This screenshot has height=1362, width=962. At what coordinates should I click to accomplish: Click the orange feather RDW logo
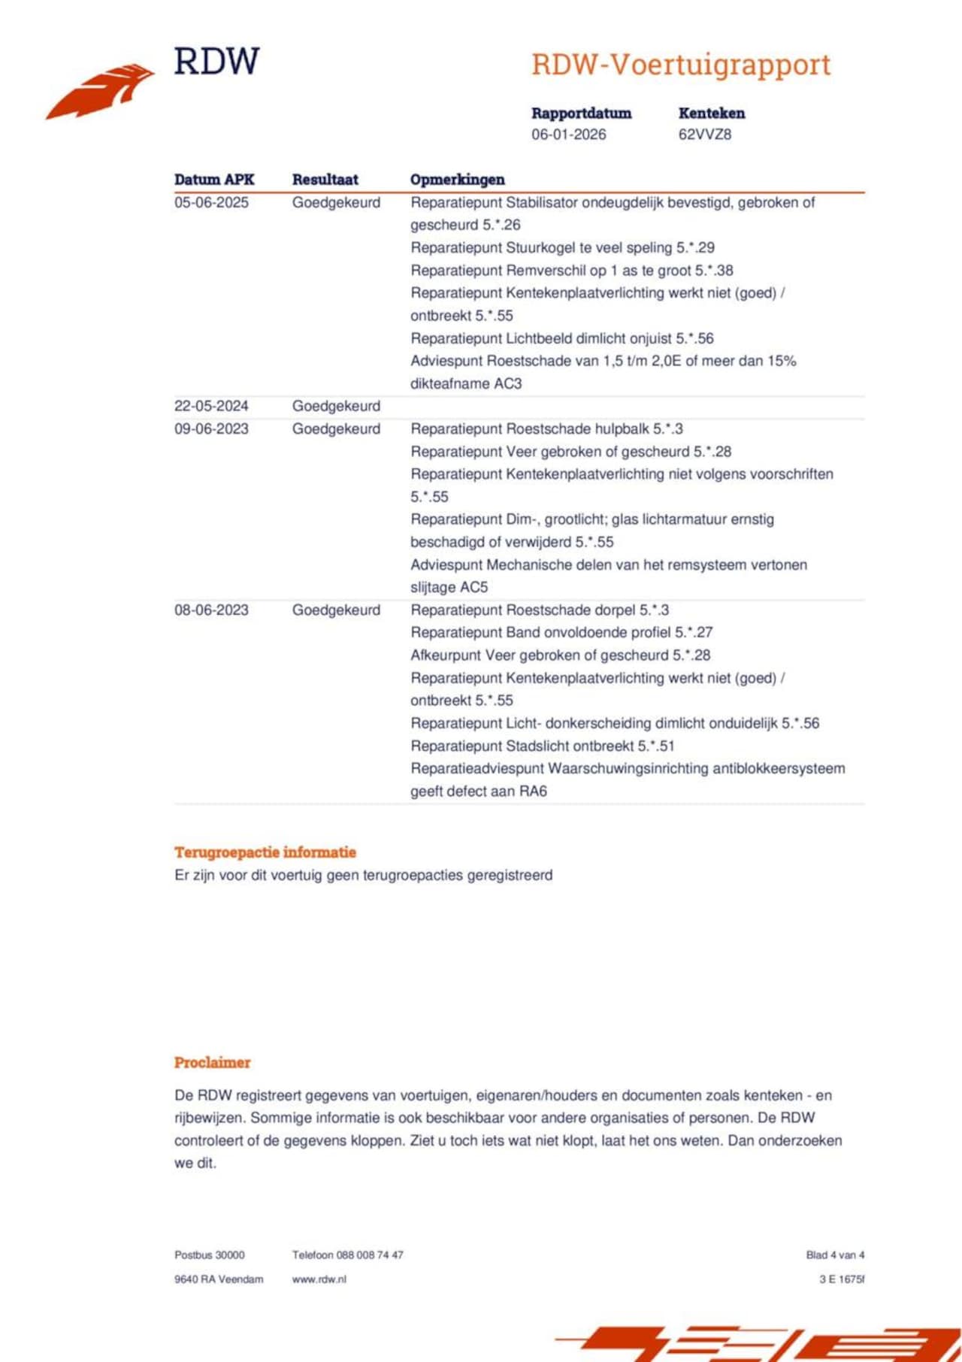101,90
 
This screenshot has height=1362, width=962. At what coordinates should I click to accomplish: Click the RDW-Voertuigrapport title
681,65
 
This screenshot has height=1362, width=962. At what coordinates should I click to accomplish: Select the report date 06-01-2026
568,135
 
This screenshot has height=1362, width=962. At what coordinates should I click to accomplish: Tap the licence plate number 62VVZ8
704,135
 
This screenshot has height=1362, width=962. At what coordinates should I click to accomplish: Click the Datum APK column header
214,180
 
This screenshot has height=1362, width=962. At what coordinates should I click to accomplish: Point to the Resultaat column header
325,180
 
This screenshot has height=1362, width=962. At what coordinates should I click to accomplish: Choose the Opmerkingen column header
457,180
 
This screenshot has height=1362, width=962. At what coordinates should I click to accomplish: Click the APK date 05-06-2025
211,203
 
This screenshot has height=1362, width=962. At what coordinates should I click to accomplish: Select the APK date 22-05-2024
211,406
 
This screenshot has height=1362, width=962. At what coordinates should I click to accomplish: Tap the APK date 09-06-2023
211,429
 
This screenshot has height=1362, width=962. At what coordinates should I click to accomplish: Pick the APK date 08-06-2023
211,610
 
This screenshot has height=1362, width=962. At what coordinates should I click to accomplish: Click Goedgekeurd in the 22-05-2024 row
336,406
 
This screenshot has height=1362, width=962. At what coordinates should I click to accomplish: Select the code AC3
507,383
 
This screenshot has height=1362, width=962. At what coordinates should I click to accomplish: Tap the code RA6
533,791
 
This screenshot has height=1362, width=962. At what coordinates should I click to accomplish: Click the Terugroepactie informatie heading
265,852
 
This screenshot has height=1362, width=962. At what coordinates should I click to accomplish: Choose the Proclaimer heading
212,1063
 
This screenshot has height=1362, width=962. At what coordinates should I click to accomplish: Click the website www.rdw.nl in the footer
319,1279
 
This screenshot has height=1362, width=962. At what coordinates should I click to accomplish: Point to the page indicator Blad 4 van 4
835,1255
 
